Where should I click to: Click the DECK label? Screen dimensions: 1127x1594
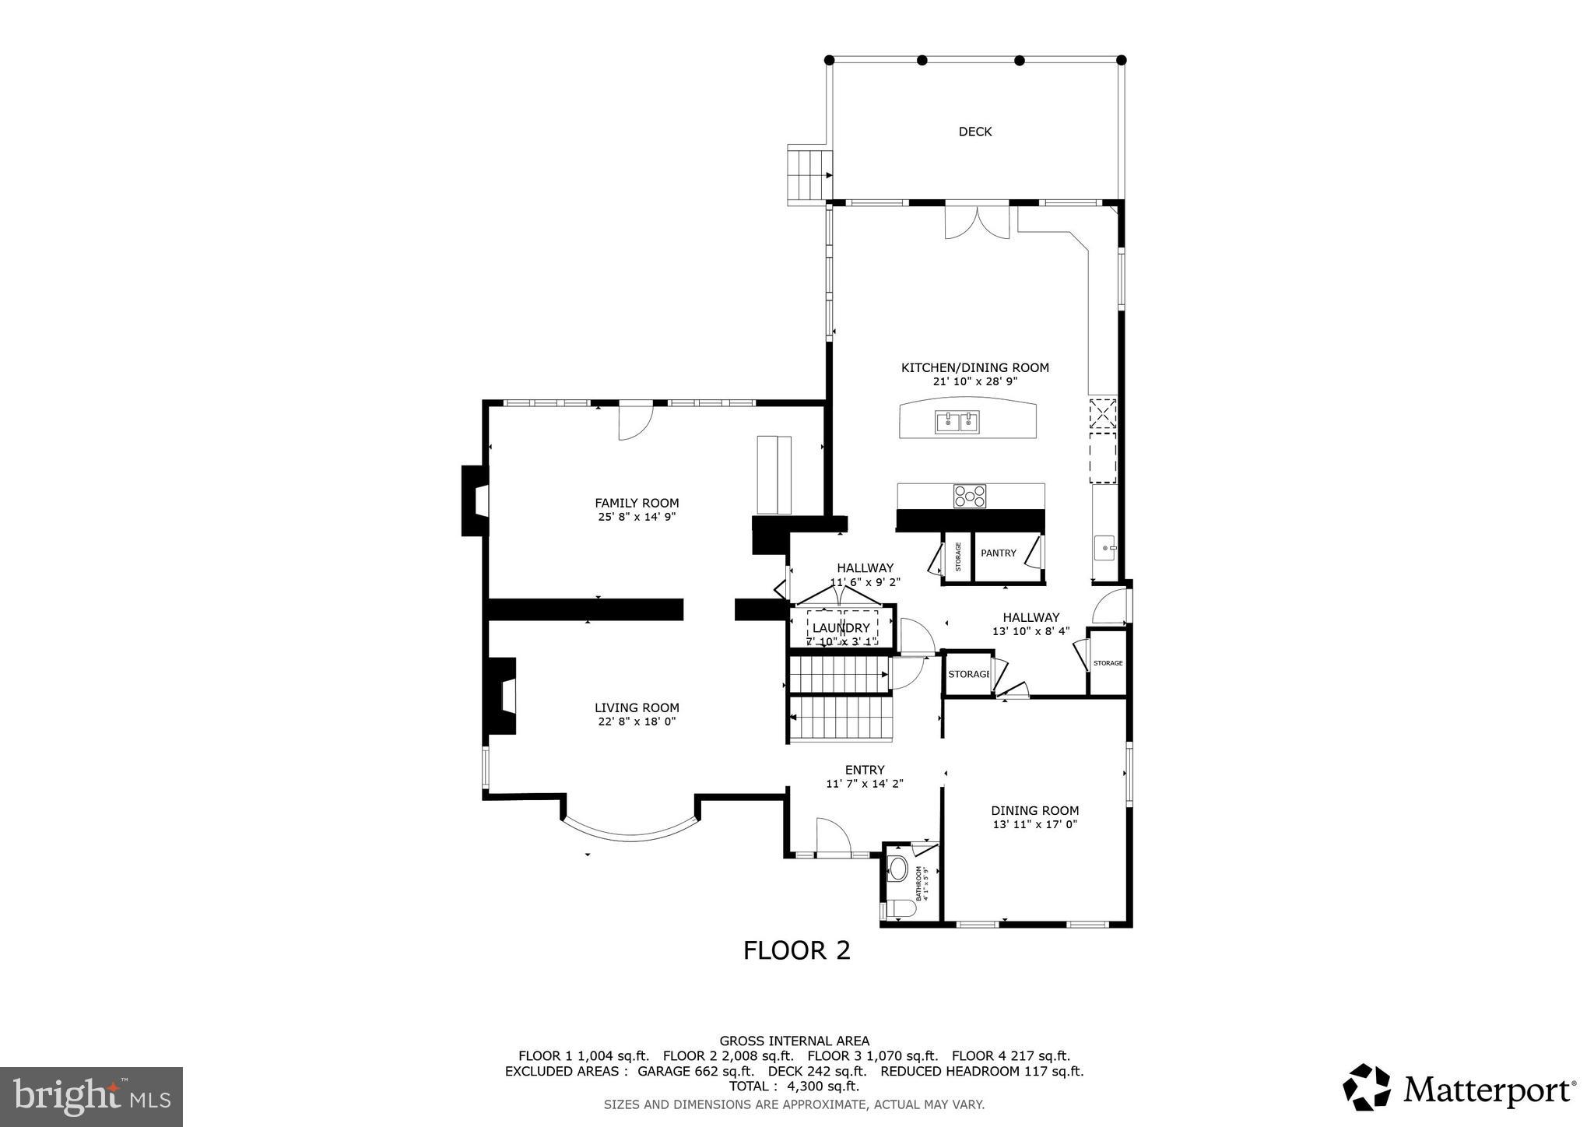point(974,132)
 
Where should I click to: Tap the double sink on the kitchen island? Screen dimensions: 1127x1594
point(957,423)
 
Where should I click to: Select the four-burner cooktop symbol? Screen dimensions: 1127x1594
point(970,496)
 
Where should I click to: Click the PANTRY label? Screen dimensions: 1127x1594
point(998,553)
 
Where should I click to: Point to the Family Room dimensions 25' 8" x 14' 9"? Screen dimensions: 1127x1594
point(637,517)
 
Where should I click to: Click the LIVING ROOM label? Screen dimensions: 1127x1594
point(637,707)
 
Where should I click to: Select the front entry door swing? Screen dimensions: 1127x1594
point(832,837)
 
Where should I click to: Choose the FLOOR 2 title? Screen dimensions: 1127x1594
point(796,950)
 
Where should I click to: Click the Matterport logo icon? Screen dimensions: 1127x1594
point(1366,1087)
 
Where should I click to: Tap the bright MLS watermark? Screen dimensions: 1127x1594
point(91,1097)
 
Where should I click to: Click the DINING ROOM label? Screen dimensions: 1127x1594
point(1034,810)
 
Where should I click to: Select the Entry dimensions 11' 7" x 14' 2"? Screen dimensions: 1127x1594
point(864,784)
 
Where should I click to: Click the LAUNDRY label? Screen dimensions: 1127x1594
point(841,628)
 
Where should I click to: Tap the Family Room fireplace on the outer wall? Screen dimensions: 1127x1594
point(475,500)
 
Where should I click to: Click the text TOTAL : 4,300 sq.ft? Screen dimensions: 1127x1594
point(794,1086)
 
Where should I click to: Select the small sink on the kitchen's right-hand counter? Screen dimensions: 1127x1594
point(1105,548)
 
